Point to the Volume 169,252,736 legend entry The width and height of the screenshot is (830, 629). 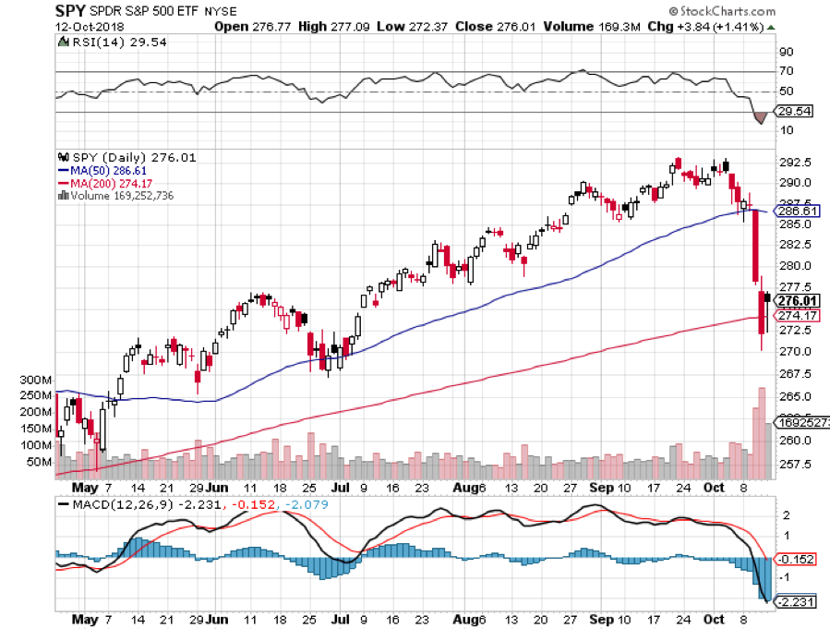[x=120, y=196]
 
